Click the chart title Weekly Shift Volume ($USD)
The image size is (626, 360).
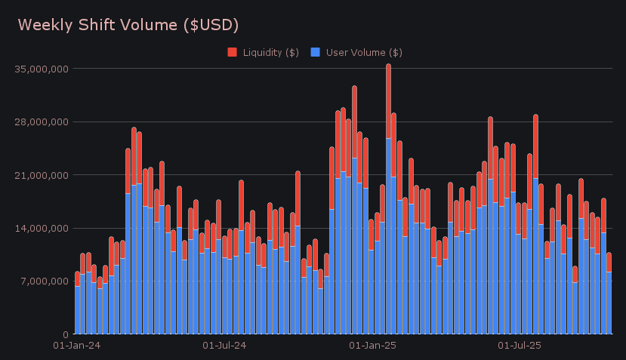128,25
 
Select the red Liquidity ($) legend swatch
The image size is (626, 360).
232,52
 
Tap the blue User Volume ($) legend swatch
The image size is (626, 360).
316,52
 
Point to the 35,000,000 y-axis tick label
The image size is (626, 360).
42,69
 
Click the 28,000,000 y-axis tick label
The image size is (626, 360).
42,122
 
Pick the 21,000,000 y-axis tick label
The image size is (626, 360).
42,175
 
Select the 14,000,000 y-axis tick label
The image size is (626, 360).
42,228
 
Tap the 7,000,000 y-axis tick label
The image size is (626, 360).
45,282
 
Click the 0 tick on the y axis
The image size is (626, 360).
66,334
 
